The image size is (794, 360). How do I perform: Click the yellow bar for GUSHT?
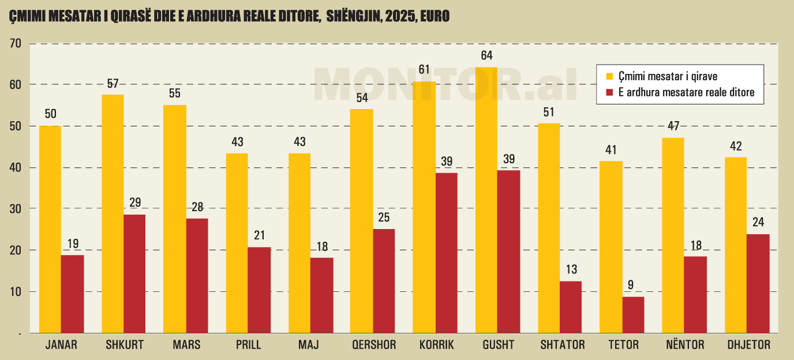486,200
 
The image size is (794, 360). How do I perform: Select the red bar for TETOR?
633,315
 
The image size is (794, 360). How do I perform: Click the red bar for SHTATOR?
571,307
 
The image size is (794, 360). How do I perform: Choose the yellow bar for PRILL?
237,243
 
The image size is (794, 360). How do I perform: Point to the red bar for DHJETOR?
758,283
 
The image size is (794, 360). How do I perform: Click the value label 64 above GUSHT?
486,56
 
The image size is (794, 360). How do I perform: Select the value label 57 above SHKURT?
113,83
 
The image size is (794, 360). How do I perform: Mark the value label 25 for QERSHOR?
384,218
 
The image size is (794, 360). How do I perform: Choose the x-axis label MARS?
186,345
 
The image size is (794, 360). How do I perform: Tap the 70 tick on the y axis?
15,43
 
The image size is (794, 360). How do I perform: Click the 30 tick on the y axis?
15,209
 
